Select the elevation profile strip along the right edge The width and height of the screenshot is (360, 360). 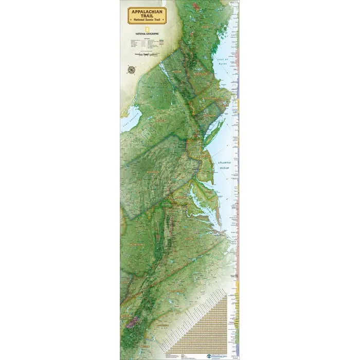click(x=236, y=180)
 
